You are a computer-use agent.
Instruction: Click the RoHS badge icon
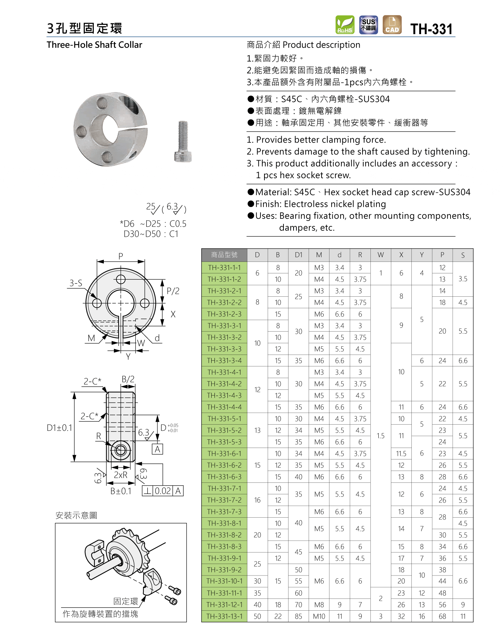[345, 25]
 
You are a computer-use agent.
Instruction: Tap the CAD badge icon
[392, 25]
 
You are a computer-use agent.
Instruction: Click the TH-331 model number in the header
[432, 29]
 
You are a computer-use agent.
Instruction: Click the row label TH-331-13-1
[225, 616]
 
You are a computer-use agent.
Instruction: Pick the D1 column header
[299, 255]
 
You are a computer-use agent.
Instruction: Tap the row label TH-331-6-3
[225, 477]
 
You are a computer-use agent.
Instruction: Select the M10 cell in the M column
[319, 616]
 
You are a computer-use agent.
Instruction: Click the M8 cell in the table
[319, 605]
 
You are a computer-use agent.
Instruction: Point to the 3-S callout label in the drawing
[76, 283]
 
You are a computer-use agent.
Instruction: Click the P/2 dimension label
[173, 291]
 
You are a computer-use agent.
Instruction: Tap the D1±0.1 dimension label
[60, 428]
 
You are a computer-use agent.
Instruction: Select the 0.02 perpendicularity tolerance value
[163, 491]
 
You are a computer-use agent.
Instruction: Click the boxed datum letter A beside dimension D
[157, 449]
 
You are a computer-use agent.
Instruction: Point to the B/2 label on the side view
[128, 379]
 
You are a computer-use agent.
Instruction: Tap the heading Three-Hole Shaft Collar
[94, 45]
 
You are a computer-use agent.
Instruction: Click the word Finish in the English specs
[268, 204]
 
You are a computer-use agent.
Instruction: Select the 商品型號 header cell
[225, 255]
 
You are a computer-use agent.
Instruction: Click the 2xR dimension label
[121, 475]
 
